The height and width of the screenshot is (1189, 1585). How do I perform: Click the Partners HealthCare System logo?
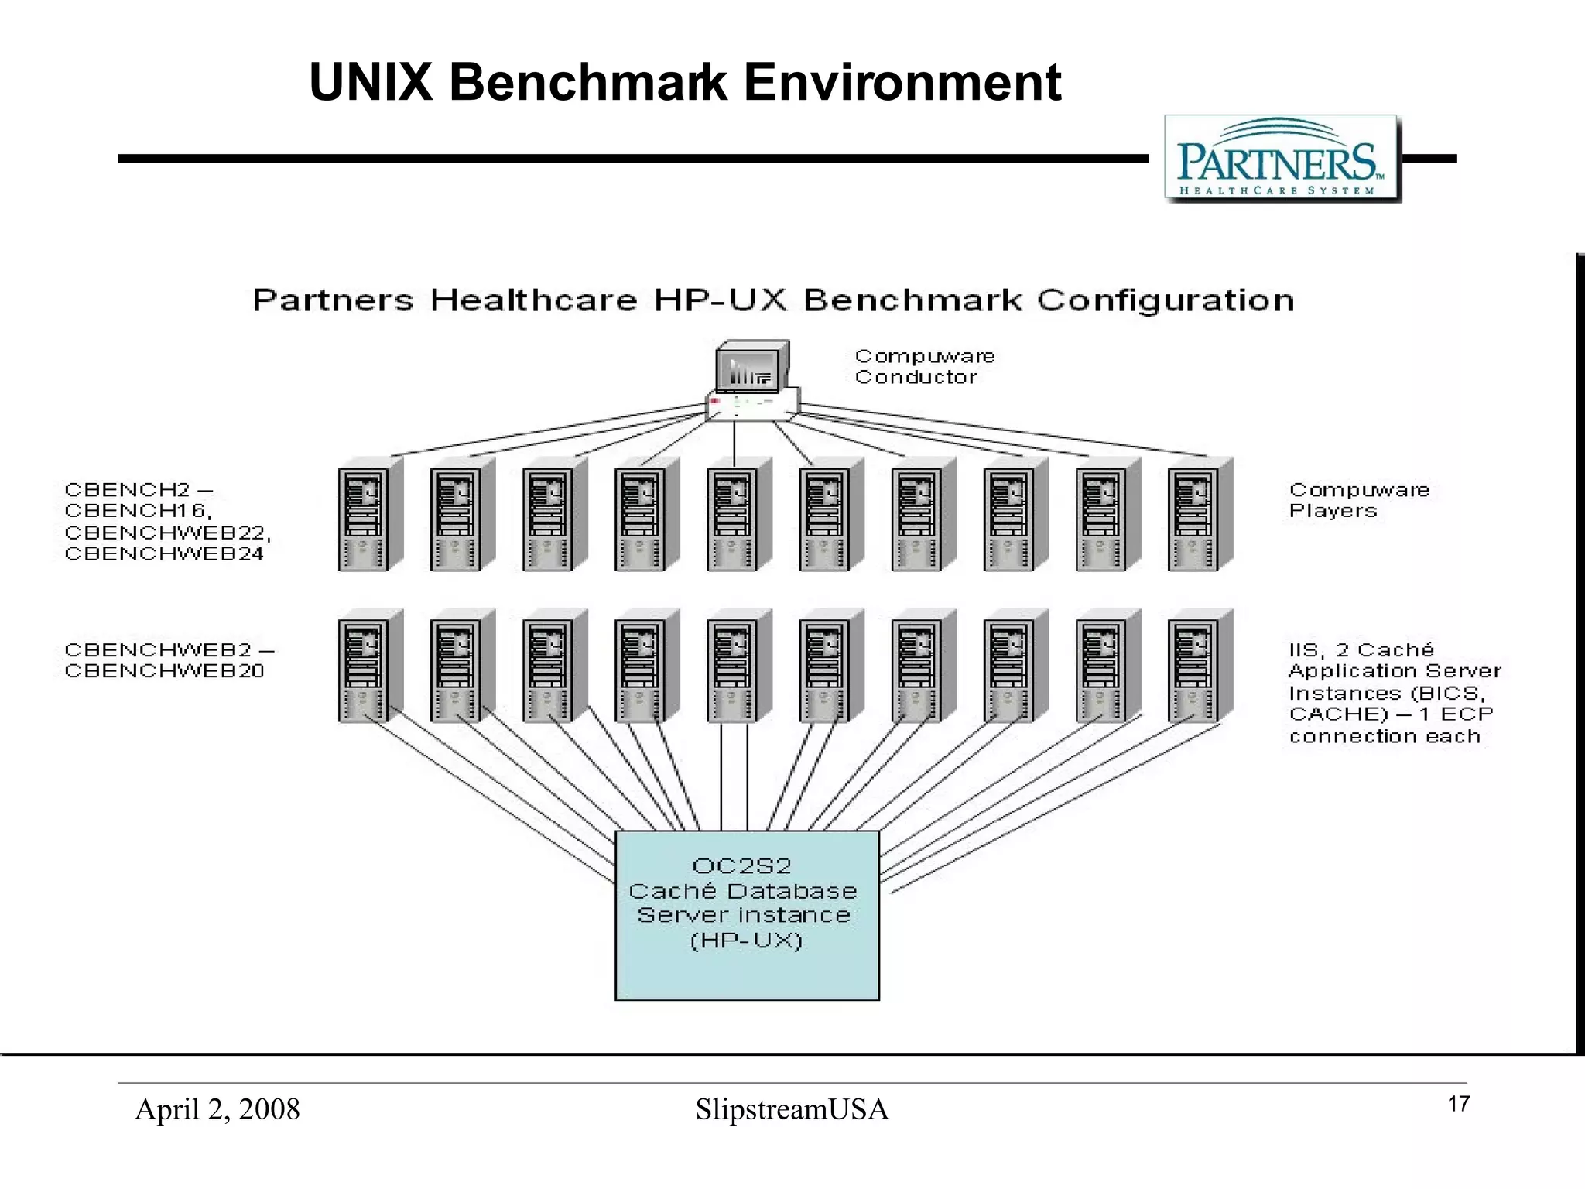pyautogui.click(x=1282, y=159)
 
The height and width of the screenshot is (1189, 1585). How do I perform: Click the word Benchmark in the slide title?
pyautogui.click(x=587, y=82)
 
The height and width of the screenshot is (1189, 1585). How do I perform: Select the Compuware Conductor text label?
pyautogui.click(x=924, y=367)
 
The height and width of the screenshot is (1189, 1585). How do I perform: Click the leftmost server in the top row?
pyautogui.click(x=369, y=515)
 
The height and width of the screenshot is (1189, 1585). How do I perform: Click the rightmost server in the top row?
pyautogui.click(x=1199, y=515)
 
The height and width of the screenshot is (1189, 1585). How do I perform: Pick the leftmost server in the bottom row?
pyautogui.click(x=369, y=666)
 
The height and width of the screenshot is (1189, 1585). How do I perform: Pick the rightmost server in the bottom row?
pyautogui.click(x=1199, y=666)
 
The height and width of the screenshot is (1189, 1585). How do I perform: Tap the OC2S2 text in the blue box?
pyautogui.click(x=741, y=865)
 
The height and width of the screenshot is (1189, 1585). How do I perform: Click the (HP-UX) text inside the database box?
pyautogui.click(x=746, y=941)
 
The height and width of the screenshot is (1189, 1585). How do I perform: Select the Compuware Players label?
pyautogui.click(x=1358, y=500)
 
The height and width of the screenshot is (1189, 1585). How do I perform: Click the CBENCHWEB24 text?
pyautogui.click(x=164, y=554)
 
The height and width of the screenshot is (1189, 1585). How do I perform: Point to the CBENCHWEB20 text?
pyautogui.click(x=164, y=671)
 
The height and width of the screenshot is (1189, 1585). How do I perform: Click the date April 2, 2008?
pyautogui.click(x=217, y=1109)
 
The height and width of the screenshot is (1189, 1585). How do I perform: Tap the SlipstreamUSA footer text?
pyautogui.click(x=792, y=1109)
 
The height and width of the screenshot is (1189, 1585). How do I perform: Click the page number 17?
pyautogui.click(x=1458, y=1104)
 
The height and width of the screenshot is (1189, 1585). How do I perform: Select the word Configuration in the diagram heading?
pyautogui.click(x=1165, y=300)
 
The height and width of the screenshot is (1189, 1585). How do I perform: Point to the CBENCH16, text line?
pyautogui.click(x=138, y=511)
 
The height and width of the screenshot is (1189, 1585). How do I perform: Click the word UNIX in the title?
pyautogui.click(x=371, y=82)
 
